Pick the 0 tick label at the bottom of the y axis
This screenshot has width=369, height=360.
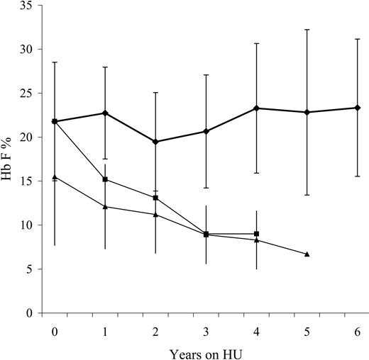[x=31, y=313]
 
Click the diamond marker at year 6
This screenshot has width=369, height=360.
[x=357, y=108]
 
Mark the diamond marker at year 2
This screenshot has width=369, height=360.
[x=155, y=142]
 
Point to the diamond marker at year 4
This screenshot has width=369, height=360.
[x=256, y=108]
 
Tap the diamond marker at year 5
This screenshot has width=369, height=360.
[x=307, y=112]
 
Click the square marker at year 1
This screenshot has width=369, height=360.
[x=105, y=179]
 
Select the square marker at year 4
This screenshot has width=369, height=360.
[x=256, y=234]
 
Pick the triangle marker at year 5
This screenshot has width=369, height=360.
[x=307, y=254]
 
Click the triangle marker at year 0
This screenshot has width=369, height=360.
[x=55, y=176]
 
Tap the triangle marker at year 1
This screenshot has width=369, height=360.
[x=105, y=206]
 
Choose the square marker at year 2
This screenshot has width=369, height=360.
[x=155, y=198]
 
